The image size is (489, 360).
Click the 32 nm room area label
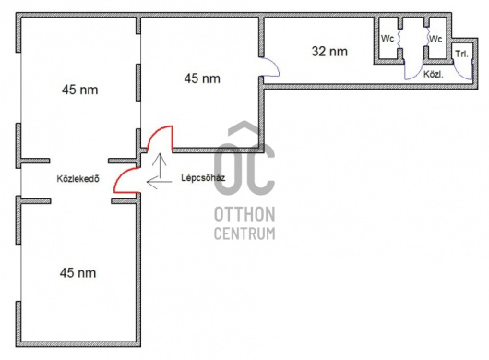click(329, 52)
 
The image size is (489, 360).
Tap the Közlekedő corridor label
click(78, 179)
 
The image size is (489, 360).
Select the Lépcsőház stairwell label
click(203, 178)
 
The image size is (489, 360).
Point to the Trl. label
click(462, 54)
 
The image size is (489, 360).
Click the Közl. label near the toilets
click(434, 75)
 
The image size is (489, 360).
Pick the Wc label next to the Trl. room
click(435, 39)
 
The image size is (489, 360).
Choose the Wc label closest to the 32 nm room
click(388, 39)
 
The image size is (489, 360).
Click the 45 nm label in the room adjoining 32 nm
click(202, 78)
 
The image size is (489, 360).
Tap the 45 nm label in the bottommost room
click(78, 273)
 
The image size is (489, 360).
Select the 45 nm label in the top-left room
click(80, 90)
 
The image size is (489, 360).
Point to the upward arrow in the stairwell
click(161, 165)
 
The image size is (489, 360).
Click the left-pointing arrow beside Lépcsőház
click(159, 182)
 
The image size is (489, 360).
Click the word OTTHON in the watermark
click(244, 214)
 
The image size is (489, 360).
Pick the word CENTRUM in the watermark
click(244, 234)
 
